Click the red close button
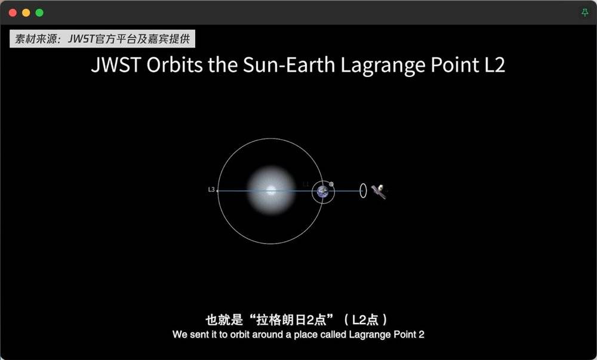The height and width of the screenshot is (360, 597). point(13,13)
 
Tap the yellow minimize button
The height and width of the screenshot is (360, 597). point(26,13)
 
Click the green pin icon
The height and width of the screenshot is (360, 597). point(585,13)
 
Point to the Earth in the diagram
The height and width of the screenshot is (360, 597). point(322,191)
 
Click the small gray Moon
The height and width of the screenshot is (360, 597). point(331,184)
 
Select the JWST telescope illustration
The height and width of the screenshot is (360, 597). point(379,191)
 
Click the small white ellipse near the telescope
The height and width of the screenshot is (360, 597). point(363,190)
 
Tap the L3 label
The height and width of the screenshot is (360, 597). point(211,189)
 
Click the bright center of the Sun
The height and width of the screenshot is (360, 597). point(271,190)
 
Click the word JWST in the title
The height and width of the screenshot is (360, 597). point(116,64)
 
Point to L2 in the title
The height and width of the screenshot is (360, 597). point(494,64)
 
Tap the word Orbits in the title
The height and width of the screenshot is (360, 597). point(175,64)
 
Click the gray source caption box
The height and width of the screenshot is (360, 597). point(103,39)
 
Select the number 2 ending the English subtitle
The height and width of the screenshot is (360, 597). point(421,334)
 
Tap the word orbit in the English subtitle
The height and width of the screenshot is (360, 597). point(240,334)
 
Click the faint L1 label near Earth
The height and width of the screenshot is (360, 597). point(306,184)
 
